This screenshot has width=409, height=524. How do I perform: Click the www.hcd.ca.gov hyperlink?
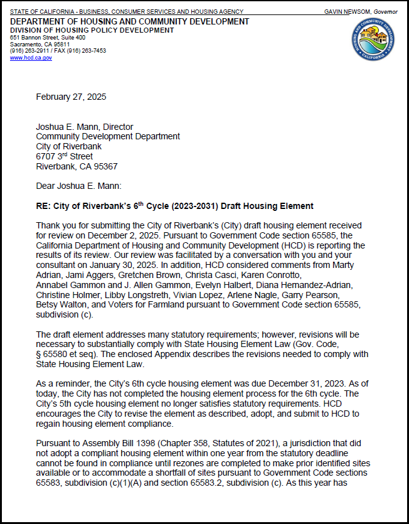click(x=31, y=58)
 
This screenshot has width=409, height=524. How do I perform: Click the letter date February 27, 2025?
click(x=71, y=97)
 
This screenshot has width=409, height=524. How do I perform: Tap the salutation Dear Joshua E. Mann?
click(x=78, y=186)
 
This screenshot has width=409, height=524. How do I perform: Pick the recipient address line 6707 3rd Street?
click(x=64, y=156)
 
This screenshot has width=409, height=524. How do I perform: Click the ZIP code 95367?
click(x=104, y=166)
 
